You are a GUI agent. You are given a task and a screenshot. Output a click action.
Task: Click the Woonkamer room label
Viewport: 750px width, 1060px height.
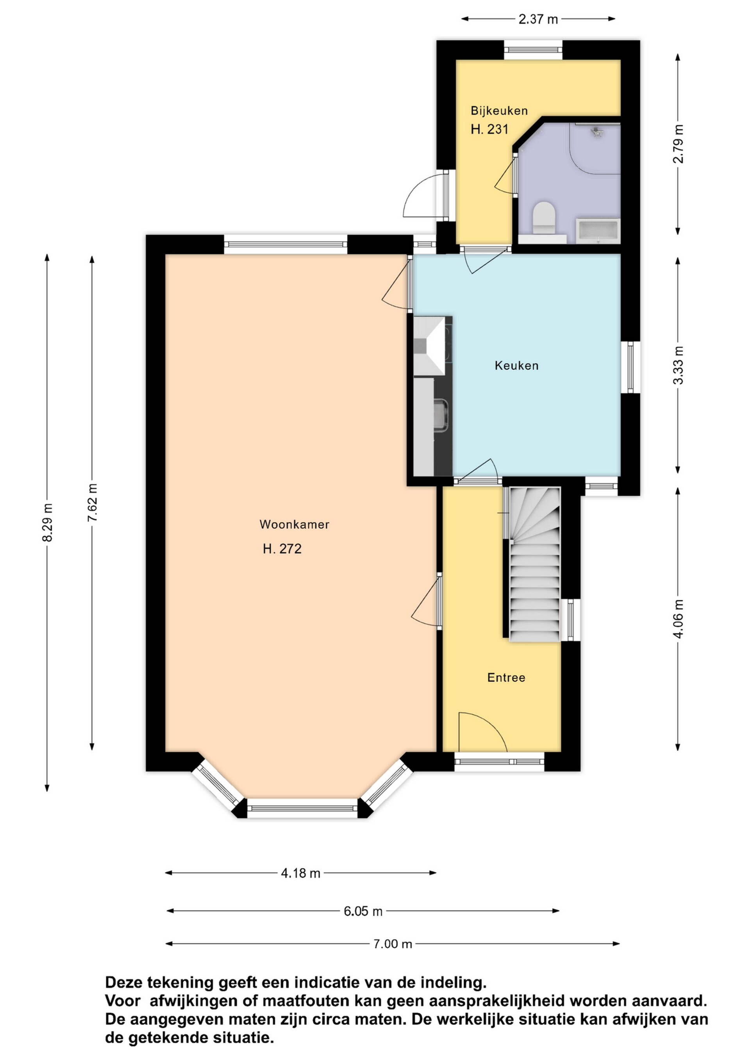pyautogui.click(x=294, y=525)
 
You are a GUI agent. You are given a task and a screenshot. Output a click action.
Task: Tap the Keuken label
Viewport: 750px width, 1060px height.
pyautogui.click(x=516, y=366)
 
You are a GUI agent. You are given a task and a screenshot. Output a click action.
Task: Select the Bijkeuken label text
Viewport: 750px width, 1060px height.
pyautogui.click(x=499, y=111)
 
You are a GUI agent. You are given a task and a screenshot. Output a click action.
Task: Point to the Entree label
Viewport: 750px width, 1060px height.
pyautogui.click(x=506, y=678)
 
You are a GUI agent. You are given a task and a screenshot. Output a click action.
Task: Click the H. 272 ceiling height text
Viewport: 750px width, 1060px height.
pyautogui.click(x=282, y=549)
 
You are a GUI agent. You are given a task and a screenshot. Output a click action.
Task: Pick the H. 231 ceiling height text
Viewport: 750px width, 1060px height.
pyautogui.click(x=489, y=129)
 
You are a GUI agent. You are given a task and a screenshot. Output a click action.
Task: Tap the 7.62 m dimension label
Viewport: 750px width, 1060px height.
pyautogui.click(x=92, y=502)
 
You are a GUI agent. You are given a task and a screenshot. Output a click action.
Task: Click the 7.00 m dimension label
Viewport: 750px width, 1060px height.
pyautogui.click(x=393, y=944)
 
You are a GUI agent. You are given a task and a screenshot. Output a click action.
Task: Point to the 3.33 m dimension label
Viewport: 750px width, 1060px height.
pyautogui.click(x=678, y=365)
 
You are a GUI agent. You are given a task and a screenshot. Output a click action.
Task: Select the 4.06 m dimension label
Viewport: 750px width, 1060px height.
pyautogui.click(x=678, y=619)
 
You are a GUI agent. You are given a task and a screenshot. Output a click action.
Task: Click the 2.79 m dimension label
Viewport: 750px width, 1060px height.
pyautogui.click(x=678, y=144)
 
